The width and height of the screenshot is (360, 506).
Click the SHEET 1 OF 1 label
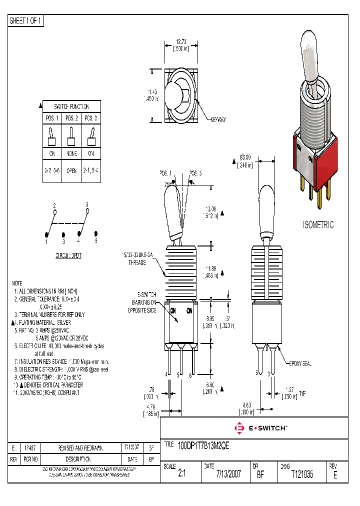click(x=26, y=20)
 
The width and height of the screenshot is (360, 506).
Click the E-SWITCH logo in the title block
click(x=260, y=428)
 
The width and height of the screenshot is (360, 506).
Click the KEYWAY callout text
click(x=218, y=120)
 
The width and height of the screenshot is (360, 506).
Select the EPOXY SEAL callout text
click(x=299, y=364)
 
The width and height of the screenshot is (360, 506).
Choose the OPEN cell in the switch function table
click(x=71, y=170)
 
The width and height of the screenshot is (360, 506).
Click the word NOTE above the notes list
click(x=17, y=282)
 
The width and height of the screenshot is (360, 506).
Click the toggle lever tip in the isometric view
click(x=307, y=41)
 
